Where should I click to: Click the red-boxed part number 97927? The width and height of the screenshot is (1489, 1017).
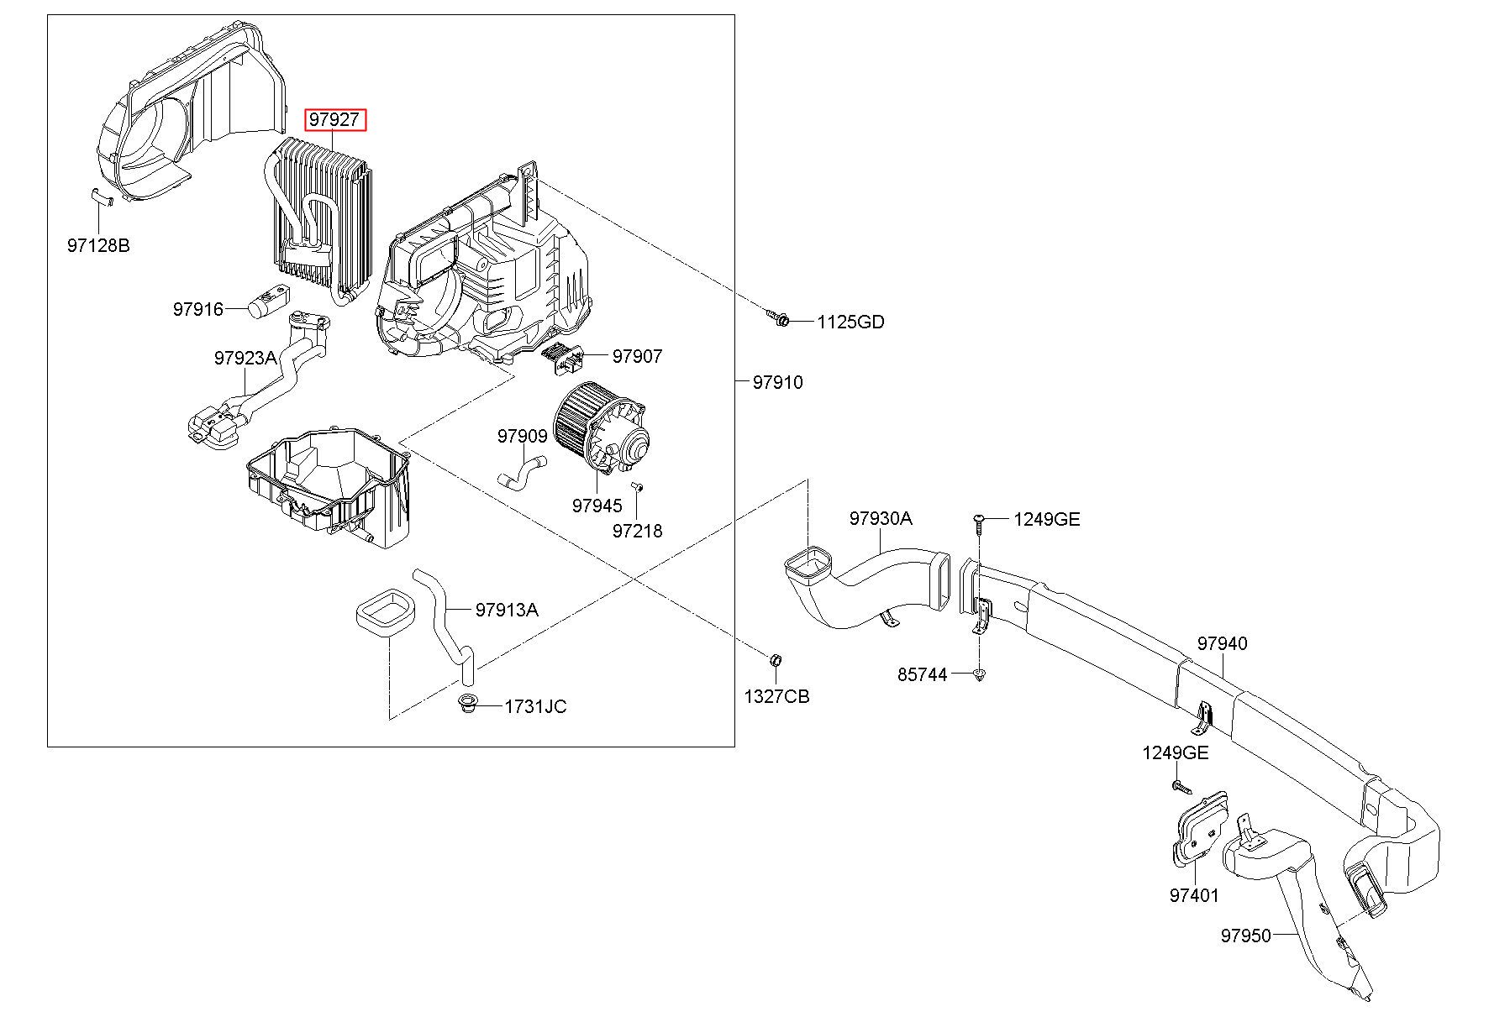[334, 119]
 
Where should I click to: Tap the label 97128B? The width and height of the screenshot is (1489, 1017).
[98, 245]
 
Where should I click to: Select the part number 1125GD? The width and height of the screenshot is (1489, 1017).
[850, 322]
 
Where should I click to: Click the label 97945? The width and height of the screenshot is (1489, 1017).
[597, 506]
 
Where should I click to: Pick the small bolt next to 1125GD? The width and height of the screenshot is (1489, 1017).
[778, 317]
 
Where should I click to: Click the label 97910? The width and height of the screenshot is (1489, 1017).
[777, 382]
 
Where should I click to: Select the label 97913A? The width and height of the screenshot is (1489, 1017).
[507, 610]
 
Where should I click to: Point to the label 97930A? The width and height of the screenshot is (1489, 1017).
[880, 518]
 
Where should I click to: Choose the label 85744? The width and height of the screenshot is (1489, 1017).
[922, 674]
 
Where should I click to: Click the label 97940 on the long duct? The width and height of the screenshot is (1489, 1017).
[1223, 643]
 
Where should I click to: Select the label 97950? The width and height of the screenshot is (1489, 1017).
[1246, 936]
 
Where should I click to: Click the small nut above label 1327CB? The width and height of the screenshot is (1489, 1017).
[776, 656]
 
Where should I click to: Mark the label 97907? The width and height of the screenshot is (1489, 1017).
[637, 356]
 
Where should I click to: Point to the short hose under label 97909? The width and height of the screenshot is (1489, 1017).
[521, 470]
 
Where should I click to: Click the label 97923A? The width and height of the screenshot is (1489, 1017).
[245, 358]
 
